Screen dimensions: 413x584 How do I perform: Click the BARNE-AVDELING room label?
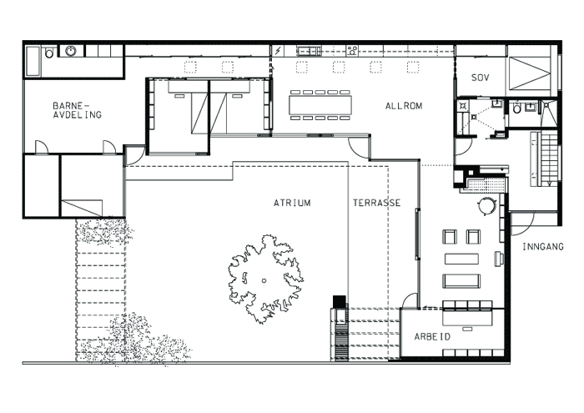click(77, 111)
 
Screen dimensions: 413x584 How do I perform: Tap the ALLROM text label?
click(404, 106)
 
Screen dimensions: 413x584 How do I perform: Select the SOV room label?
click(480, 78)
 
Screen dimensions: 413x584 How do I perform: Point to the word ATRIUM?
click(292, 203)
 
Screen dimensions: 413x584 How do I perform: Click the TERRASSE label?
click(376, 203)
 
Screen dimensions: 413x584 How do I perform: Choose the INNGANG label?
click(543, 247)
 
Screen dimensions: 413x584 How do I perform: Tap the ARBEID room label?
click(433, 336)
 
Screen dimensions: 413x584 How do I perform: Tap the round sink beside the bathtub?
click(71, 52)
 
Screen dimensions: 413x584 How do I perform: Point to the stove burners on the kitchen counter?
click(352, 51)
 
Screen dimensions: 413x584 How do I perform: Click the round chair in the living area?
click(486, 206)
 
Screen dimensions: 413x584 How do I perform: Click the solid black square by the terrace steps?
click(339, 301)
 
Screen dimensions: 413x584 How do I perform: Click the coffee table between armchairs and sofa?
click(461, 259)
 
